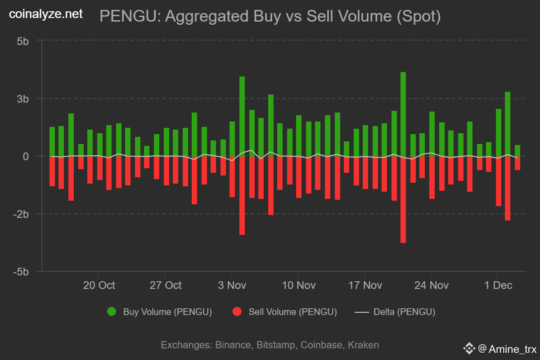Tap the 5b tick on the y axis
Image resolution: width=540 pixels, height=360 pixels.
[23, 41]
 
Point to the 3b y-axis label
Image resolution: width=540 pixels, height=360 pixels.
[23, 99]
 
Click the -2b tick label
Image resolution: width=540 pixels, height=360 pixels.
[21, 214]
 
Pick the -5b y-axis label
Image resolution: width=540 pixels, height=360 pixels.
[21, 272]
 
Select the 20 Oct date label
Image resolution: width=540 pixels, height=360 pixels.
[99, 285]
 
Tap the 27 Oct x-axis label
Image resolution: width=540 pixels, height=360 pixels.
[166, 285]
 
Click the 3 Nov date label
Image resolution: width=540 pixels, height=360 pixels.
[232, 285]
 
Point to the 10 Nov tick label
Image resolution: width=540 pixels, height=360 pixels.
[299, 285]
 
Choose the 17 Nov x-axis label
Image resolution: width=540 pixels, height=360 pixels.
[365, 285]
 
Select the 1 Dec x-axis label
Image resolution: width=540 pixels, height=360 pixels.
[497, 285]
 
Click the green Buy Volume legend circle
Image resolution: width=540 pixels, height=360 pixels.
[111, 311]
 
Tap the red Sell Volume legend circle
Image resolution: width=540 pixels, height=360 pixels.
[237, 311]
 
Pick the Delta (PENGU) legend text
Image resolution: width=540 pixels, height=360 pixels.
[404, 312]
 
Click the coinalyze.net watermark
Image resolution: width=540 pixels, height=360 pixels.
[46, 14]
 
